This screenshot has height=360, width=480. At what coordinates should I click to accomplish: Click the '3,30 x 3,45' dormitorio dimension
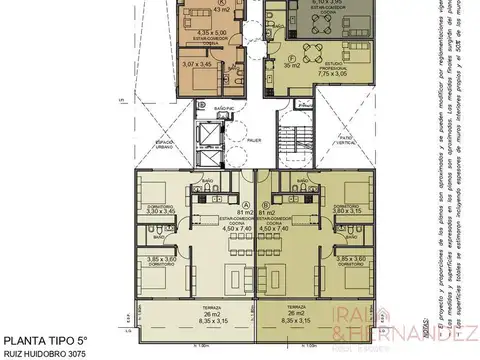click(160, 212)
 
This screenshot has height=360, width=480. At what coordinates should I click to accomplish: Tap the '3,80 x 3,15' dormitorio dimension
click(347, 212)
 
